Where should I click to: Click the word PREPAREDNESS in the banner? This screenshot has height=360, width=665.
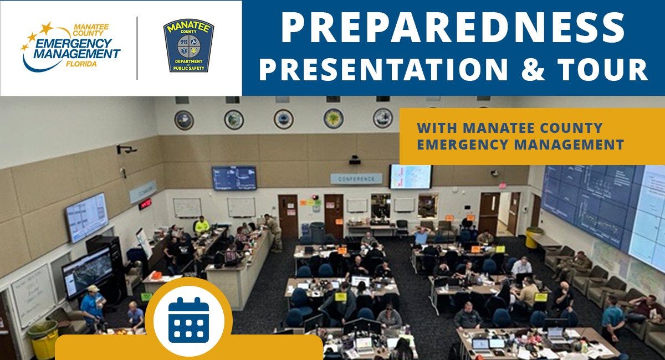pos(453,28)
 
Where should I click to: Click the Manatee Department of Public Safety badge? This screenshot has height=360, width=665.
pos(188,45)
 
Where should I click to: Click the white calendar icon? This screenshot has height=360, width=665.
pos(188,320)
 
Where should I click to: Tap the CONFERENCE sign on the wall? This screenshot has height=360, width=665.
pos(356,179)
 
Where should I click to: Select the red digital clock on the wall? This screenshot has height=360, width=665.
pos(145,204)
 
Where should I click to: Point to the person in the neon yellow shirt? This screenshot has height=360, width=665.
pos(202,224)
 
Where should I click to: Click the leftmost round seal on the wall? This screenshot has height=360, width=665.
pos(184,120)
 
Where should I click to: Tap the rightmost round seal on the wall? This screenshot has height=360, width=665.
pos(382,118)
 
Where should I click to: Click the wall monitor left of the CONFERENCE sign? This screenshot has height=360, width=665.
pos(234,178)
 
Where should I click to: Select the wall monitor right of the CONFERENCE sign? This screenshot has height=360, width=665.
pos(410,177)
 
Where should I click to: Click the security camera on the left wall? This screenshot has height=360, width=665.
pos(127,149)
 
